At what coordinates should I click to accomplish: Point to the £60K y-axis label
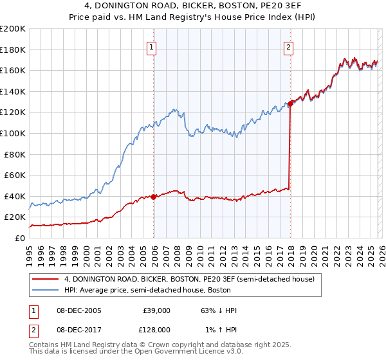click(x=15, y=175)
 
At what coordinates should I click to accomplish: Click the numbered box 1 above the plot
click(x=151, y=46)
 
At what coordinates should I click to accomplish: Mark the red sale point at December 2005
click(x=154, y=197)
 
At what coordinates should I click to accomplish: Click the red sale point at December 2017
click(x=291, y=104)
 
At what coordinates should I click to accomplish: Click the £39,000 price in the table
click(x=156, y=310)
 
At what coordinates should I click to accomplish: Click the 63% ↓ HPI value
click(x=219, y=310)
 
